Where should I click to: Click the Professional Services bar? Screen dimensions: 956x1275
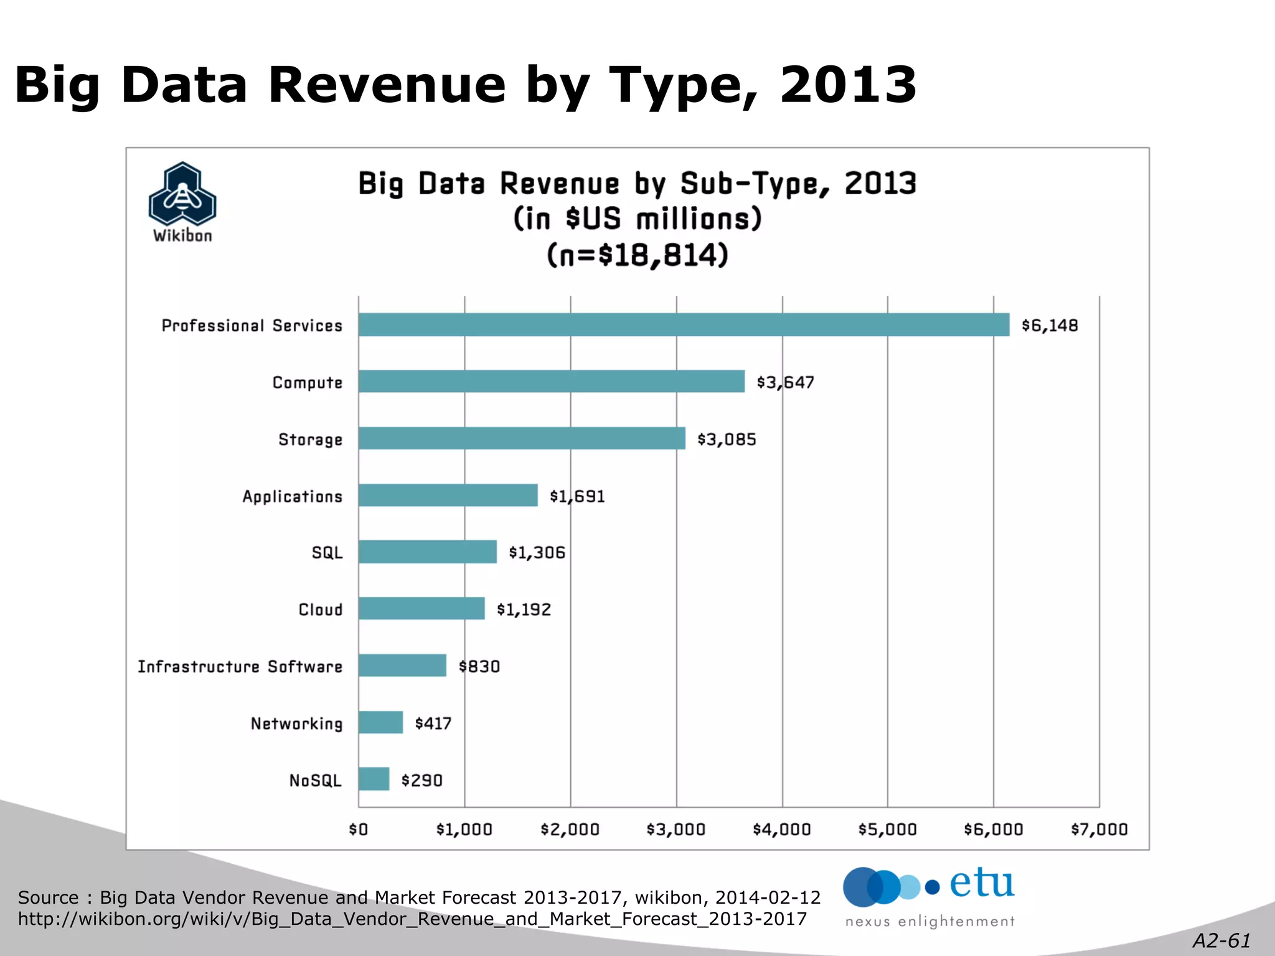point(684,325)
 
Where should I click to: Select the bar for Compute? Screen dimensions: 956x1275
point(552,382)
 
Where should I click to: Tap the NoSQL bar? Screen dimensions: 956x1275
point(374,779)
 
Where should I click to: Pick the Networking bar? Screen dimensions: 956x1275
point(380,723)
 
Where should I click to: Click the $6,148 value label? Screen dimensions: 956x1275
point(1050,326)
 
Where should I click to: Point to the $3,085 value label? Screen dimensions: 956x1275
point(727,439)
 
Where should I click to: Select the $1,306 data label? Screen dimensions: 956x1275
point(537,553)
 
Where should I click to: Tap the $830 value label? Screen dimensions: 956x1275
point(479,667)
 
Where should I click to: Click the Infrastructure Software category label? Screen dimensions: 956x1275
point(240,667)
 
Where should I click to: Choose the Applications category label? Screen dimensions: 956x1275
point(292,497)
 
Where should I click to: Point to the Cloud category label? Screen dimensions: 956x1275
point(320,610)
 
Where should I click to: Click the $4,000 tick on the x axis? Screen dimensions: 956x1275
point(782,830)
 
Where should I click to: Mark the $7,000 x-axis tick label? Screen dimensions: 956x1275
point(1099,830)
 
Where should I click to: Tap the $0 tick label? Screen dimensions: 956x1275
point(358,830)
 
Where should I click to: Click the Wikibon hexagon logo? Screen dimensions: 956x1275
point(182,194)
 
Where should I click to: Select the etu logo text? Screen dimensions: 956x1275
point(981,884)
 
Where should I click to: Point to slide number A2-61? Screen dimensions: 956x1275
point(1221,940)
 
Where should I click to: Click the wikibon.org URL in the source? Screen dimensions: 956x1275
point(412,919)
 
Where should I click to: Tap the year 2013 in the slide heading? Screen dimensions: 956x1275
point(848,85)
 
